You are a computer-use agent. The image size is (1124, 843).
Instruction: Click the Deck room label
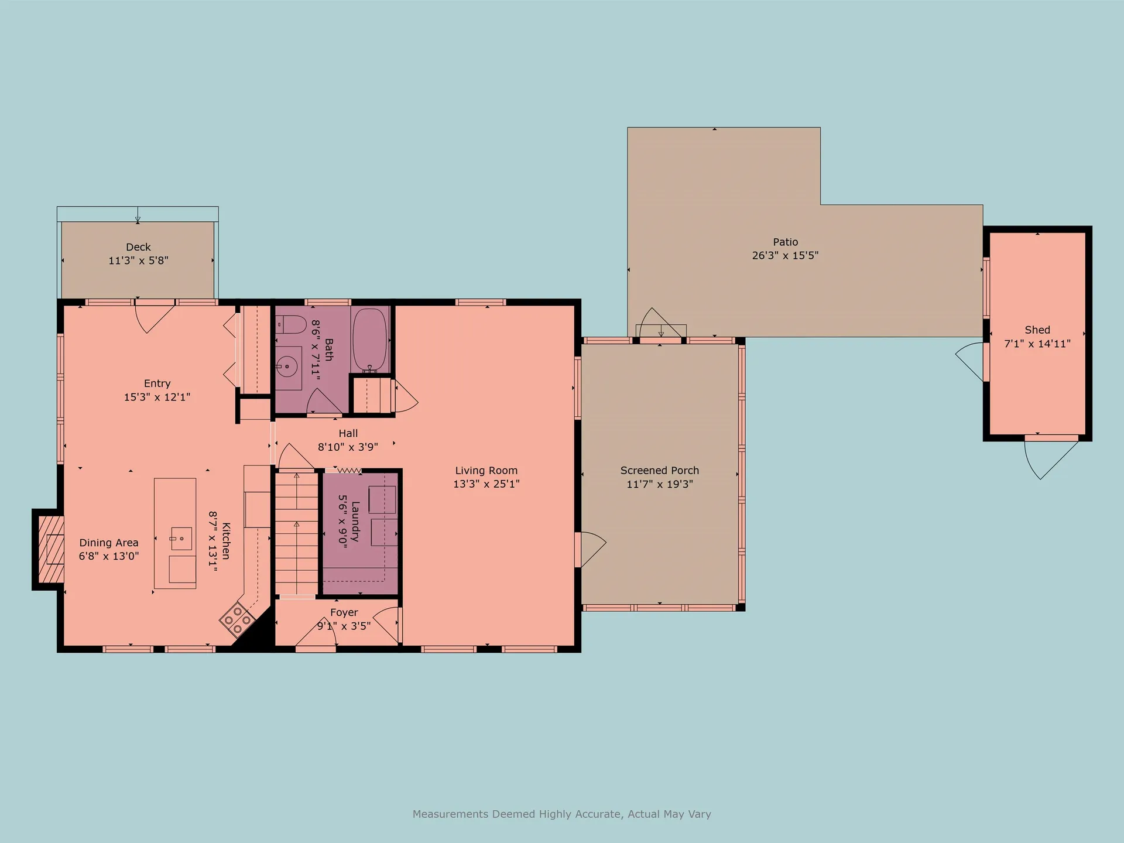[138, 247]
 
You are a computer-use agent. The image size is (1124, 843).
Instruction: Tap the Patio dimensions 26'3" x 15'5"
[785, 255]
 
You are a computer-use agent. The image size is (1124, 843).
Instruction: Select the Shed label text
[1037, 330]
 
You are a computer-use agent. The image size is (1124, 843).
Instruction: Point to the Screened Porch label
[660, 470]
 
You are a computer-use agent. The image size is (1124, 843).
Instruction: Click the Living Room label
[486, 470]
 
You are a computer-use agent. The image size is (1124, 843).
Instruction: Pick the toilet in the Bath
[292, 324]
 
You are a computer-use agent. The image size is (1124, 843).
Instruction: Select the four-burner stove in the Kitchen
[238, 619]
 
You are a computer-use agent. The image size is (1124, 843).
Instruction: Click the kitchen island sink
[181, 539]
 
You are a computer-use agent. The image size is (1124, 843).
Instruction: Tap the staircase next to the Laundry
[297, 533]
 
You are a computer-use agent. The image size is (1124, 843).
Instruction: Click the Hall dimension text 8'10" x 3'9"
[348, 447]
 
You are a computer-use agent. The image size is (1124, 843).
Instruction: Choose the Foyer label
[344, 612]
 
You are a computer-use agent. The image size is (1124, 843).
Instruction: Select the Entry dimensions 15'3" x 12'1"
[157, 397]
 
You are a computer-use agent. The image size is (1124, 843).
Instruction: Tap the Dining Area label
[109, 543]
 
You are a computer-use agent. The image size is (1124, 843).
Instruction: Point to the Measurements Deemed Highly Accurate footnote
[562, 814]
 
